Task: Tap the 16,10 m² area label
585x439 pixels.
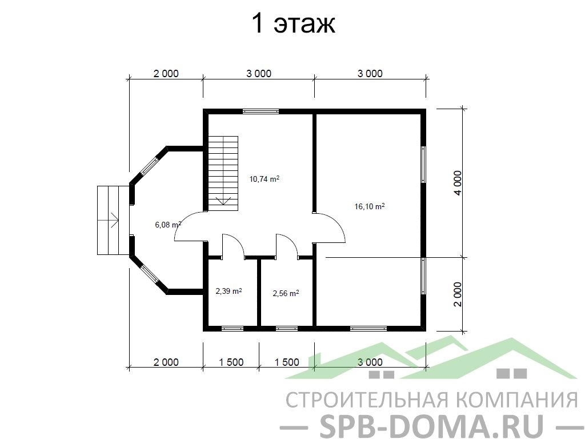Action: pos(370,206)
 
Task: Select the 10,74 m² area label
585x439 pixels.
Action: pos(265,179)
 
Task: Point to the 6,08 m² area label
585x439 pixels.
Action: pos(168,224)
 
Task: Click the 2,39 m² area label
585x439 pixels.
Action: pos(229,291)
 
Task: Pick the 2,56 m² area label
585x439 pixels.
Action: pos(286,293)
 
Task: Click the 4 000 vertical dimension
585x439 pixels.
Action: pos(458,183)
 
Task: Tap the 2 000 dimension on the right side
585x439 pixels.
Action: pos(458,294)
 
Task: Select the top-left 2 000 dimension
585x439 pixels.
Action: pos(166,74)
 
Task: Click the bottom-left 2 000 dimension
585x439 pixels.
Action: pos(166,362)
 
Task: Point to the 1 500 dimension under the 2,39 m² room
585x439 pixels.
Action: pos(231,362)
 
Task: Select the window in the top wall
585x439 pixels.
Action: pos(261,111)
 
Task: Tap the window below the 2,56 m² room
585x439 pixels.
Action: pos(287,329)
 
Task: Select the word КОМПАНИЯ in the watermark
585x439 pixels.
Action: pos(516,400)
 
